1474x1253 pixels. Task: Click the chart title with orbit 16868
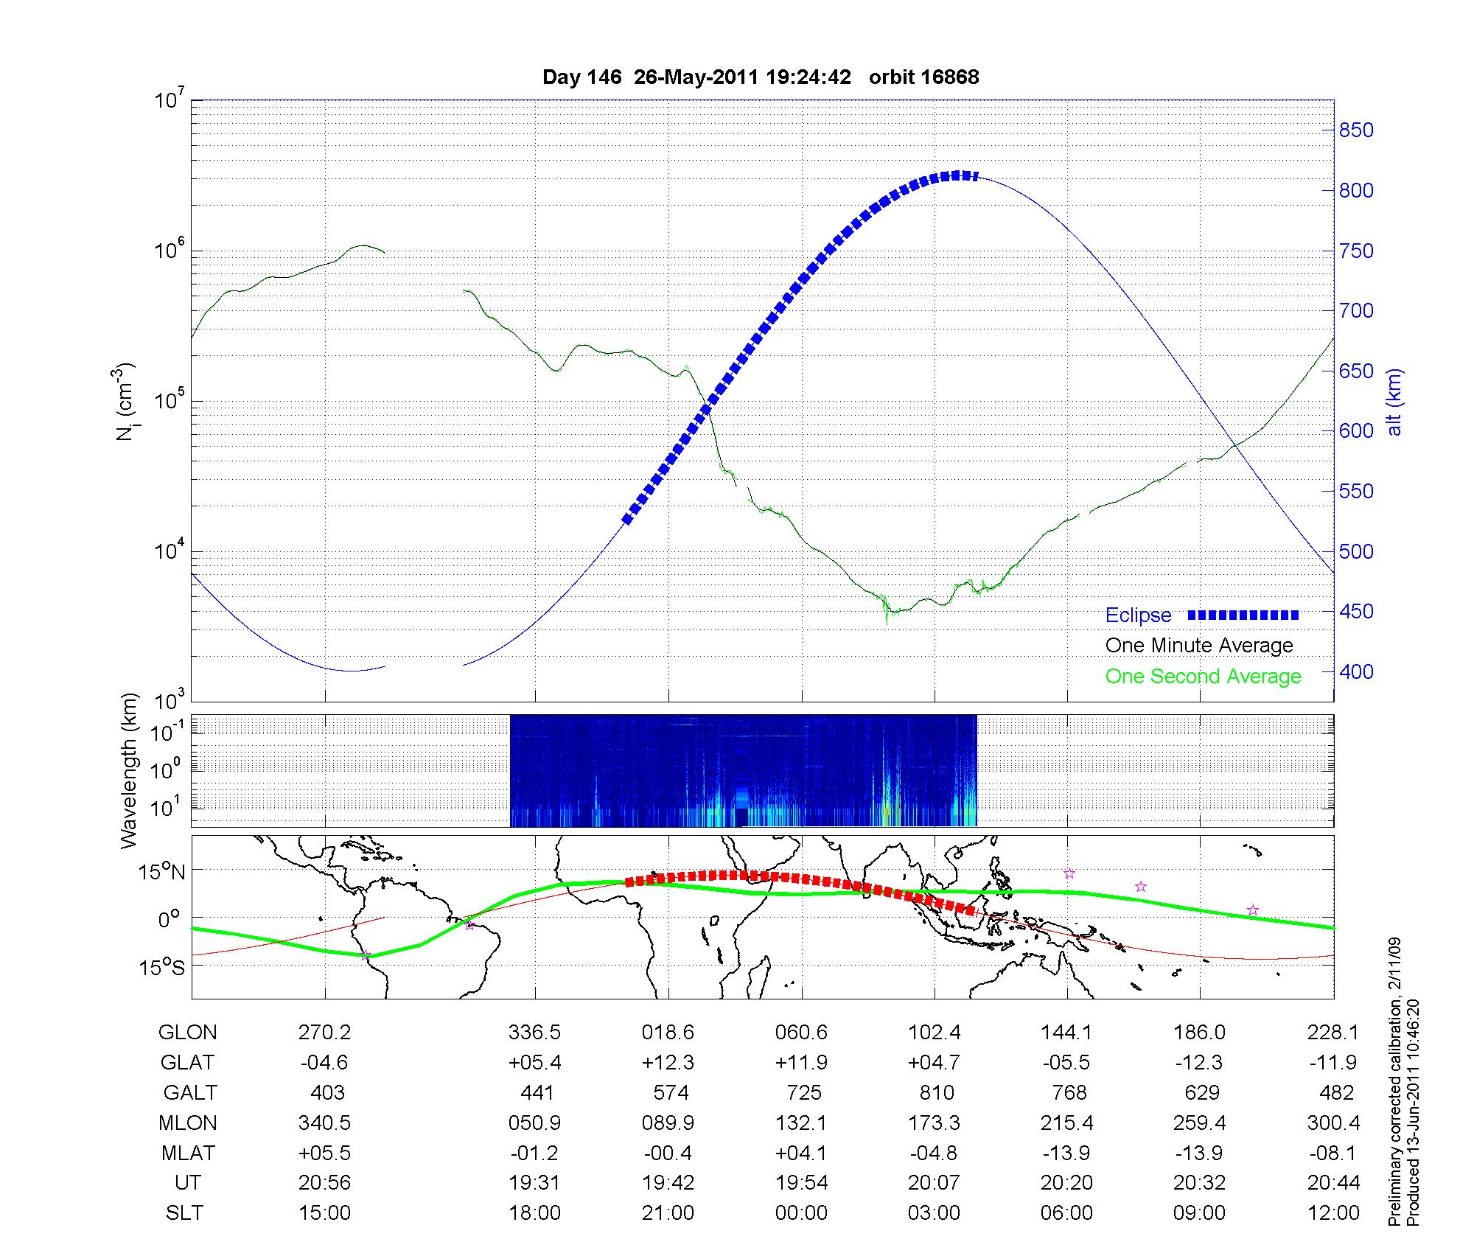[761, 77]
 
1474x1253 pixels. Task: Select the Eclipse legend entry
[1138, 615]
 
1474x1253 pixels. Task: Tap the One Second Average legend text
[1203, 677]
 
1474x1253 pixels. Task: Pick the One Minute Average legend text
[1199, 646]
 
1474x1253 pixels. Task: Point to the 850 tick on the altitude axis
[1356, 130]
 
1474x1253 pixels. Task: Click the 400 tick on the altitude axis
[1356, 672]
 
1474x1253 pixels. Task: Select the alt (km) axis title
[1394, 402]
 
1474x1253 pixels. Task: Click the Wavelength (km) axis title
[130, 771]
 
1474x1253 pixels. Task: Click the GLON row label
[188, 1033]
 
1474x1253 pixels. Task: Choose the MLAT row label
[188, 1153]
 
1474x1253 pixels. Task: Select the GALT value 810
[936, 1092]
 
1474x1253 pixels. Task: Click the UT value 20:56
[324, 1183]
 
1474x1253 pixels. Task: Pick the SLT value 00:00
[801, 1213]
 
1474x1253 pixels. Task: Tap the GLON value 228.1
[1332, 1033]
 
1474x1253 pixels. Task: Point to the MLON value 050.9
[535, 1123]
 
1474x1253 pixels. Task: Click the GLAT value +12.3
[668, 1063]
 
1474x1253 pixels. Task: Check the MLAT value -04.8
[935, 1153]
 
